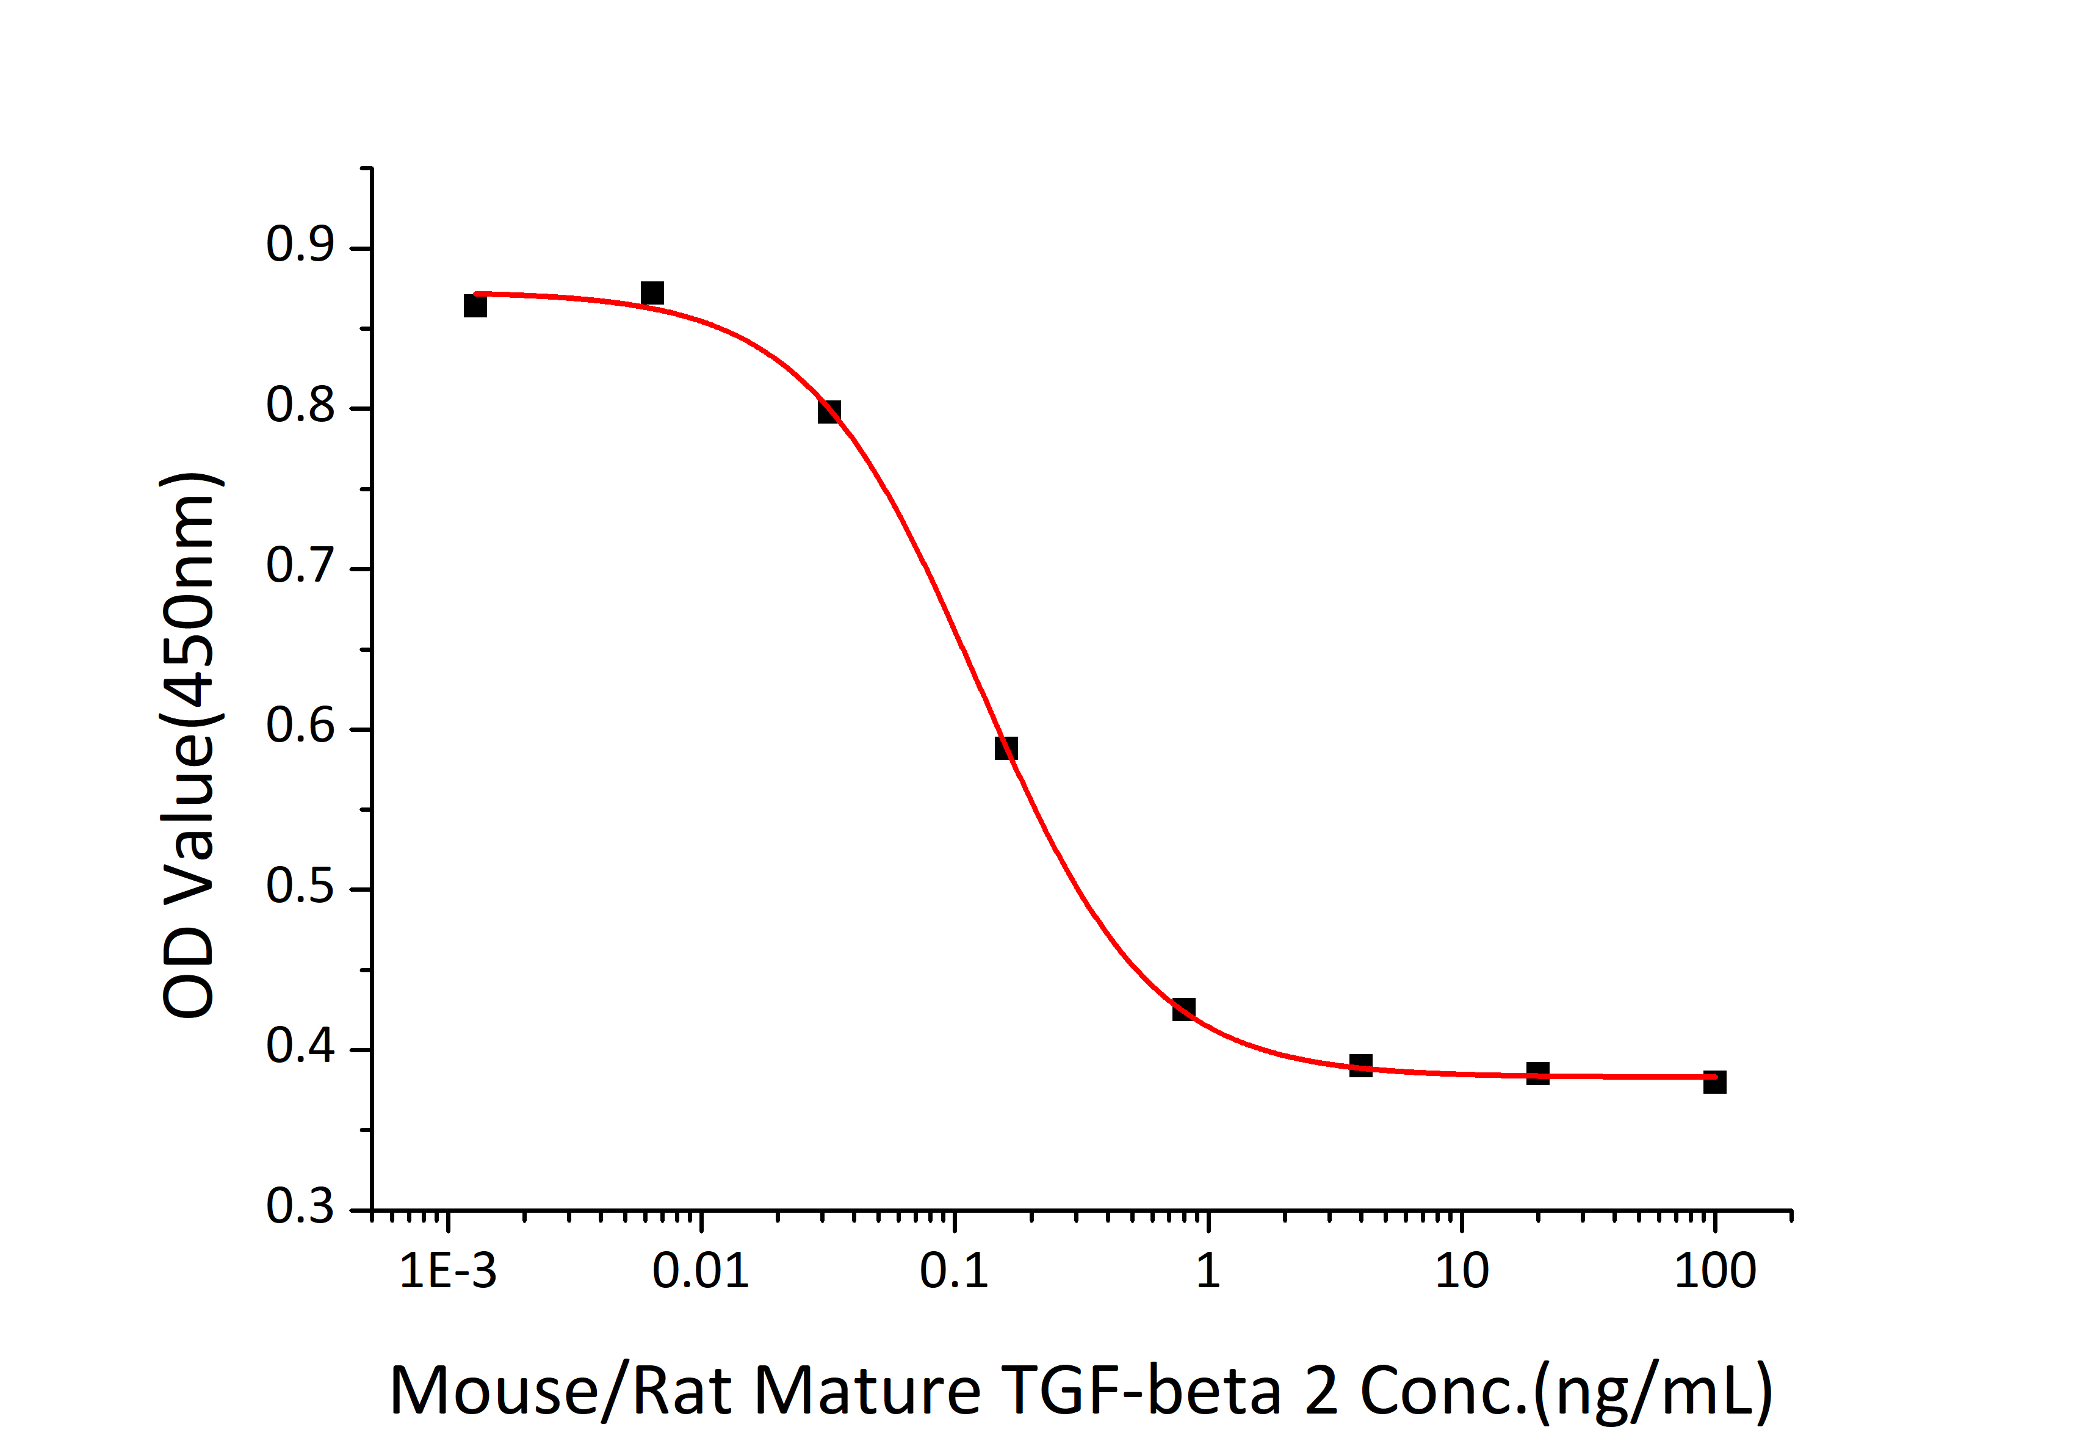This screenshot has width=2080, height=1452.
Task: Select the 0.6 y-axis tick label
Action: [300, 726]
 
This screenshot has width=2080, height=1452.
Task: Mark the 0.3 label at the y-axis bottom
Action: [300, 1207]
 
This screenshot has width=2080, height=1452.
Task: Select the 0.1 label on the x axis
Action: [953, 1271]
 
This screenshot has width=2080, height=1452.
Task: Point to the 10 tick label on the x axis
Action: [1461, 1271]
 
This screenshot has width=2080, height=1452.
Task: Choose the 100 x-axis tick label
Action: [1714, 1271]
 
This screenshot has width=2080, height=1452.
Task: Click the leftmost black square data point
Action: [475, 305]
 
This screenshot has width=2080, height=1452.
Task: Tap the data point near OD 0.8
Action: [829, 411]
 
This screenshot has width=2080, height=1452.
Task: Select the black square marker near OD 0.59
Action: [1006, 748]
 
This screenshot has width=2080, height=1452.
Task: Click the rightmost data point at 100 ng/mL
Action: [1714, 1082]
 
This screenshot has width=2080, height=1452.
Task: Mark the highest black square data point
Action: [652, 292]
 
